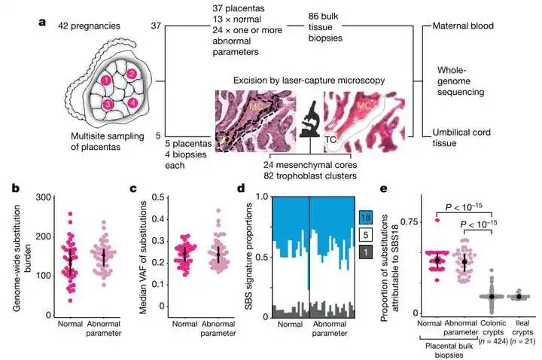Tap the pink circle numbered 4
point(132,102)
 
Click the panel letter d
point(261,189)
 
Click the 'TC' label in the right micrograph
point(330,140)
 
